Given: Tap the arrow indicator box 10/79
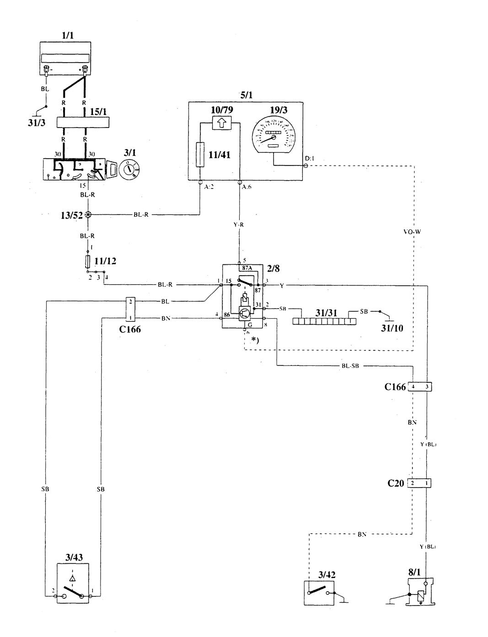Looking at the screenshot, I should coord(222,122).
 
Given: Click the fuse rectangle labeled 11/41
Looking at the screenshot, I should coord(200,155).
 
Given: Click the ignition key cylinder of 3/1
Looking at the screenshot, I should coord(128,171).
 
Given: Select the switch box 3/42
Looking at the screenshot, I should coord(320,589).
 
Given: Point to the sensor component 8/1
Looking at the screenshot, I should coord(419,592).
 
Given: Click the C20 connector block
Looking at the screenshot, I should coord(420,483).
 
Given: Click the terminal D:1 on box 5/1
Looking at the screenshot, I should coord(306,165).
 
